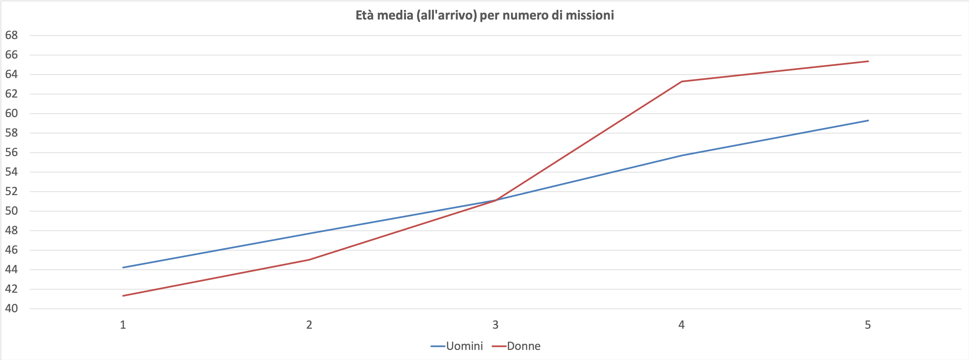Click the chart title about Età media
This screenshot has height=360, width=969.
pos(484,15)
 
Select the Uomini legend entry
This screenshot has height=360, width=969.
pos(464,346)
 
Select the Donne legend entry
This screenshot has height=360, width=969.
pos(523,346)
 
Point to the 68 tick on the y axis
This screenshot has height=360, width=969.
pos(11,35)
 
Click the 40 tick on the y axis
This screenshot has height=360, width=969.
pos(11,309)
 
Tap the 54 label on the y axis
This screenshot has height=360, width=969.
pos(11,172)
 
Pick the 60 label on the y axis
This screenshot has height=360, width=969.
pos(11,113)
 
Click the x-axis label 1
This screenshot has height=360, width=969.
pos(123,325)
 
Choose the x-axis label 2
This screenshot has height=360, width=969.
pos(309,325)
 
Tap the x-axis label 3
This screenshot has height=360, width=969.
pos(495,325)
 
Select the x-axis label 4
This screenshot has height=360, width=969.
pos(681,325)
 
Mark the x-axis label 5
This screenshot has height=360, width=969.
pos(868,325)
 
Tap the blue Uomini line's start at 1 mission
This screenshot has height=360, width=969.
pos(123,267)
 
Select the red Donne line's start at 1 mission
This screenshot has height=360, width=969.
pos(123,296)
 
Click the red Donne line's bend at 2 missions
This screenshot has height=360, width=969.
pos(309,259)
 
